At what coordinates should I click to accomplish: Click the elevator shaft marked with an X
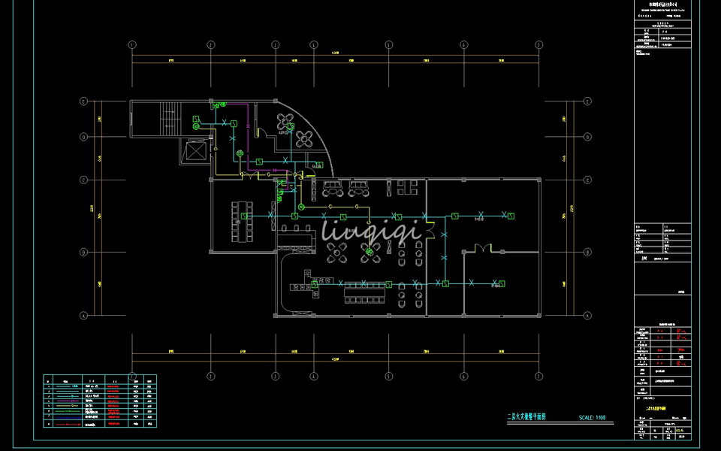195,151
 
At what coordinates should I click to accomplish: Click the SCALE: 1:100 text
592,417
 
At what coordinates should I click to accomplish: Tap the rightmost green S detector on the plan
511,216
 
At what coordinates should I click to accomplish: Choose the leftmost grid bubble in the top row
133,44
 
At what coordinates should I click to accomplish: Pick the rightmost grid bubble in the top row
538,44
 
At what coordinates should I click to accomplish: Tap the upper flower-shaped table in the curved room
285,121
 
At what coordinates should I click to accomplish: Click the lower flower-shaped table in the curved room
303,138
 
